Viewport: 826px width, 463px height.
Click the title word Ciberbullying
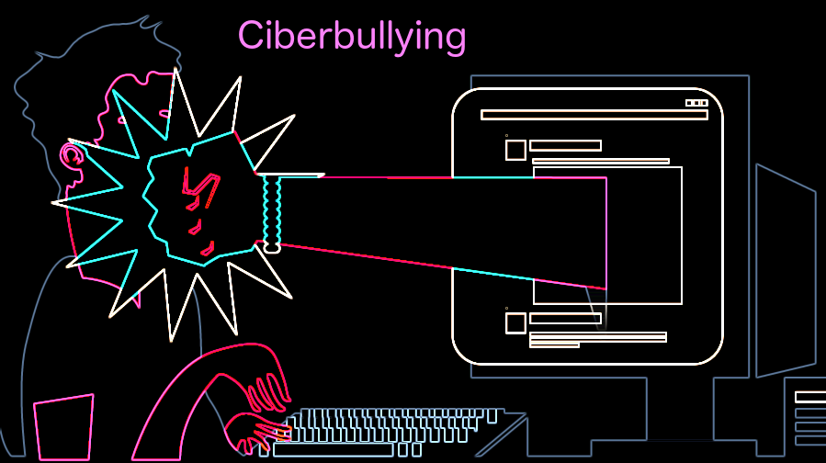pos(352,37)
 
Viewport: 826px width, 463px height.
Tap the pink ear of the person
pos(72,153)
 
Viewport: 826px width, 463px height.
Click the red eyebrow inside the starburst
pos(196,184)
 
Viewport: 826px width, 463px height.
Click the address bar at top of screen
pos(594,115)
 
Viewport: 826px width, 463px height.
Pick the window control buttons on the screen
pos(696,103)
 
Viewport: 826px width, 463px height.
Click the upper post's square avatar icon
pos(515,150)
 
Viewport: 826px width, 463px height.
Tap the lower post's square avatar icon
pos(515,322)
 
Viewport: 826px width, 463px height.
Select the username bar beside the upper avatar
pos(565,145)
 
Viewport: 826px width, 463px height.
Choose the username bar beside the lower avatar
pos(565,319)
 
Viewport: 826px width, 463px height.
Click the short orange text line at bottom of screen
pos(554,345)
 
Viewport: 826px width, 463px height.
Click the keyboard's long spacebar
pos(333,450)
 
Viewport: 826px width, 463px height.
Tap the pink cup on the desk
pos(63,427)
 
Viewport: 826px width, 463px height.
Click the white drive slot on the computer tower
pos(809,397)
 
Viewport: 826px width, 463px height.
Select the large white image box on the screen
pos(643,235)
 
